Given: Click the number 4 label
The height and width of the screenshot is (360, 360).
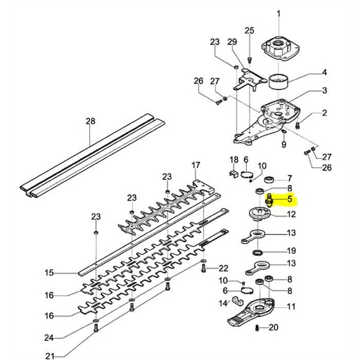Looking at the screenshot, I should [324, 72].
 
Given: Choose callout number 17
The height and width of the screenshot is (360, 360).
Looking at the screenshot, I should [196, 165].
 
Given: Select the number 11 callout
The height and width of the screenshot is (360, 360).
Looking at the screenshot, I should [291, 306].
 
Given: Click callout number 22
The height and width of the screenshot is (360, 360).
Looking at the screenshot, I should [223, 268].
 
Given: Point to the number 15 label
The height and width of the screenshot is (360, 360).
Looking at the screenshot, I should [49, 272].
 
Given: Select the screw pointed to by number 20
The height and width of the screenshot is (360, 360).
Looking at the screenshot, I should [259, 328].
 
